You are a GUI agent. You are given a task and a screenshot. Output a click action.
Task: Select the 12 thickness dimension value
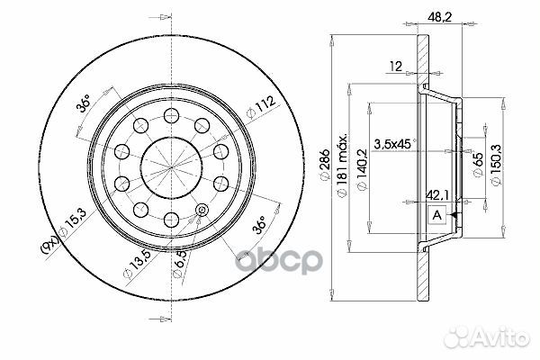(x=395, y=65)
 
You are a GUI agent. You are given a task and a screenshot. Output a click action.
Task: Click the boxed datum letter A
(x=436, y=215)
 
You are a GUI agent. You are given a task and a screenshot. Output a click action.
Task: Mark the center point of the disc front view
(x=171, y=162)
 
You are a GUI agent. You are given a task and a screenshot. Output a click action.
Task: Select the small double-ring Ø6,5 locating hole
(x=200, y=211)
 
